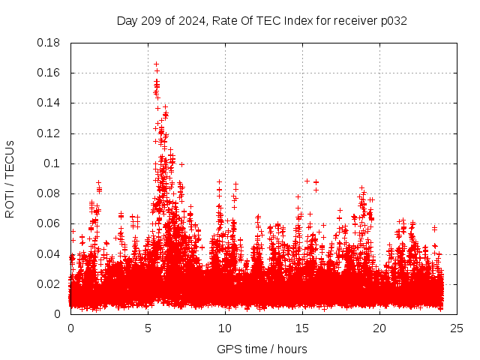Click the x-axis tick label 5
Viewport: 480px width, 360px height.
148,328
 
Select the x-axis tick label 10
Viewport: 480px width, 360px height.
225,328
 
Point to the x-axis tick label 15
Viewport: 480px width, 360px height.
302,328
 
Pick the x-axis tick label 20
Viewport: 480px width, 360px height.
379,328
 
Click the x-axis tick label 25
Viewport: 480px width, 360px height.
457,328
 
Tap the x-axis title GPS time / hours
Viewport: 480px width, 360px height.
262,349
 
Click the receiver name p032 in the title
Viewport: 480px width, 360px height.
394,20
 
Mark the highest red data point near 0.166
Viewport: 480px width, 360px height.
156,64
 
